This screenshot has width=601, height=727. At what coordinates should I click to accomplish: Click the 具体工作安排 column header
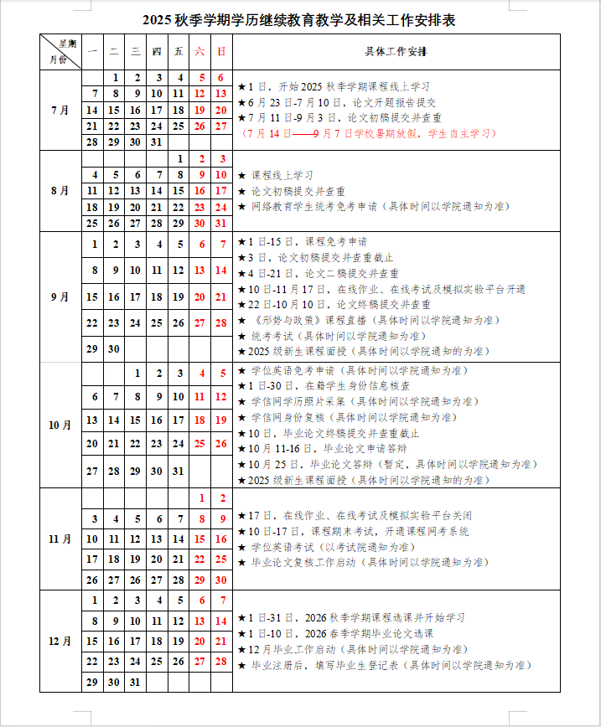pos(396,52)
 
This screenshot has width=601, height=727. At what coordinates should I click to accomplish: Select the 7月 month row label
pos(60,110)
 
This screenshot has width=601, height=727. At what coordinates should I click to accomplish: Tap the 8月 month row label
pos(60,190)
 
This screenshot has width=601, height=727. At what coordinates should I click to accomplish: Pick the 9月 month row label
pos(60,296)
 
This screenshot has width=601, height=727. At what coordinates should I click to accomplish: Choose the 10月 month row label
pos(60,425)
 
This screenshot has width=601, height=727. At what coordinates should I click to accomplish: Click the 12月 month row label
pos(60,641)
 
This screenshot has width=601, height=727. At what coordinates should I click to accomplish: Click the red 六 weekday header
pos(199,52)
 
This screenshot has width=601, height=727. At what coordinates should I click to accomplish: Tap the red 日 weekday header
pos(221,52)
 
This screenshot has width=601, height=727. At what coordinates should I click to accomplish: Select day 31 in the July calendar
pos(157,142)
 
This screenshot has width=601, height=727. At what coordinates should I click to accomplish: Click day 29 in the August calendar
pos(178,223)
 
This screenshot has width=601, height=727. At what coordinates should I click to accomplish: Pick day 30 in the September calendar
pos(114,348)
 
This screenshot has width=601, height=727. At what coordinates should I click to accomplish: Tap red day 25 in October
pos(199,444)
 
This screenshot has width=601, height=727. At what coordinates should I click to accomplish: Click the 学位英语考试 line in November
pos(334,547)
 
